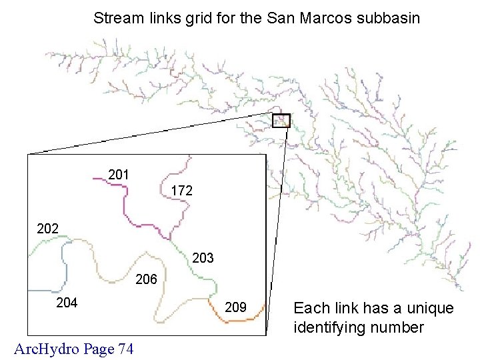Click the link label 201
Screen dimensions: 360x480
[118, 175]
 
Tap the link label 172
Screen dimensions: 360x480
[181, 191]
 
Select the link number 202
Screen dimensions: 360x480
[47, 228]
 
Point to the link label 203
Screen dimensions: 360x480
[203, 257]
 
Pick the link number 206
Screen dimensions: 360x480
[146, 279]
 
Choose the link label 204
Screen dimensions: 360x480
[67, 303]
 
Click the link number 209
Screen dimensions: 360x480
[236, 307]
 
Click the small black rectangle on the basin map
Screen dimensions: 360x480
[281, 120]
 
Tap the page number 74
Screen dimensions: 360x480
[125, 348]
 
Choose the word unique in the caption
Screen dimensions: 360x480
[433, 309]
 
